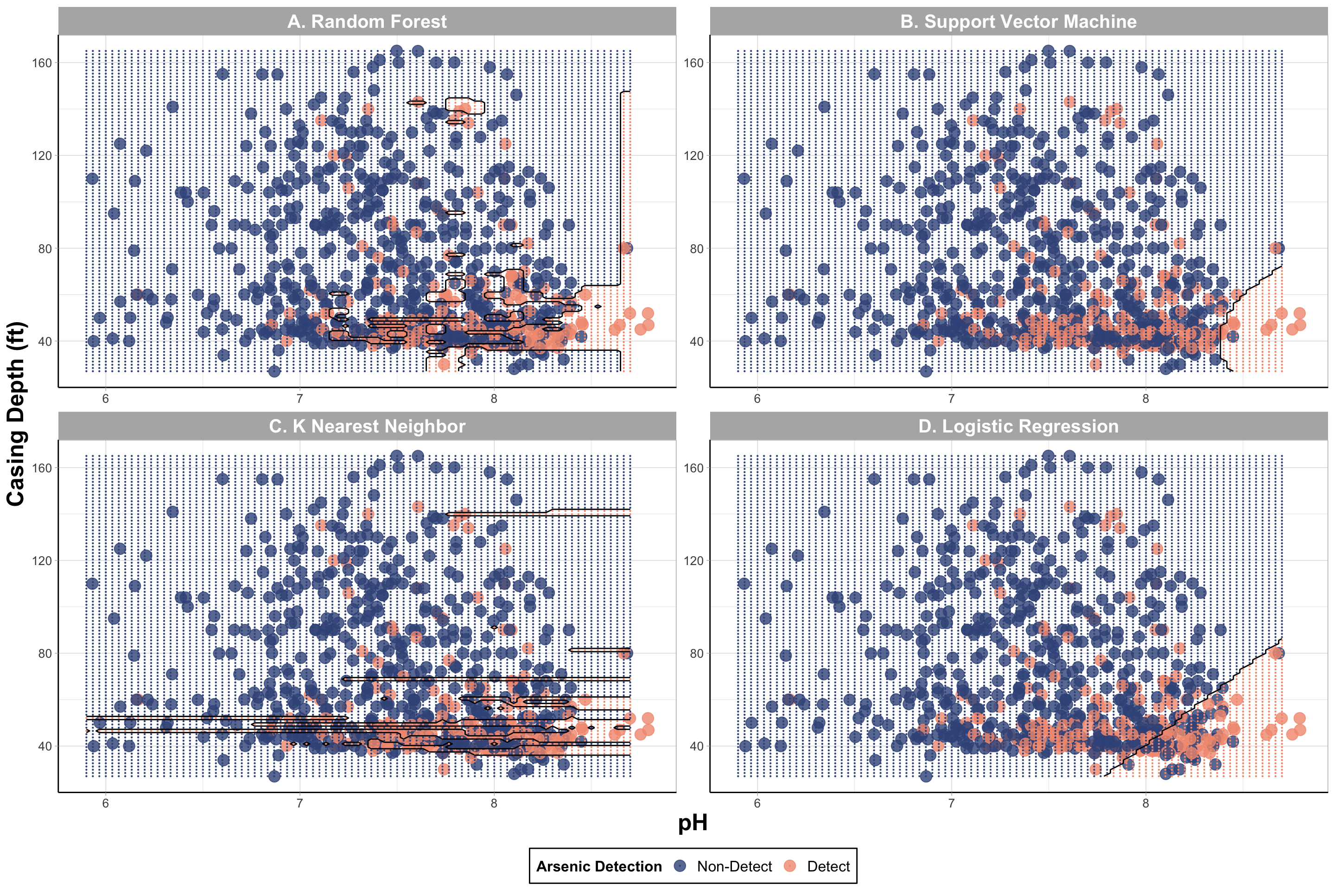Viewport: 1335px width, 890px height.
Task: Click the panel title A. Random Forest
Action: (x=367, y=22)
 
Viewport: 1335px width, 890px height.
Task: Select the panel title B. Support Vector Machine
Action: (x=1018, y=22)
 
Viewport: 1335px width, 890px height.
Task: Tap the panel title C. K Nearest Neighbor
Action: (x=367, y=426)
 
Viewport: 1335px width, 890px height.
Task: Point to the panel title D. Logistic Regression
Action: (x=1018, y=426)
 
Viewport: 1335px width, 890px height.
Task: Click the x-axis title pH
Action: (x=693, y=822)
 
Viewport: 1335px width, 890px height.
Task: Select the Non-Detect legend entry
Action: (x=734, y=866)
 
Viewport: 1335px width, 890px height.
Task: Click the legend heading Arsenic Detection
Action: (x=599, y=866)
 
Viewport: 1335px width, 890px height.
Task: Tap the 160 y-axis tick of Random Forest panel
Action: (x=41, y=63)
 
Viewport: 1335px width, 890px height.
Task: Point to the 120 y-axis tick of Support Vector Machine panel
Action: (x=693, y=156)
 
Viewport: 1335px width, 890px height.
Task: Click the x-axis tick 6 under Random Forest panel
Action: (x=106, y=399)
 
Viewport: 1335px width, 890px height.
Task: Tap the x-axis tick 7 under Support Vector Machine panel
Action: (x=951, y=399)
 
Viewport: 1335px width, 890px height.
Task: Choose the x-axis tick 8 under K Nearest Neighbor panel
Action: (x=494, y=804)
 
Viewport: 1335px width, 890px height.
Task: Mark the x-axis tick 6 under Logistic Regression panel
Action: (x=757, y=804)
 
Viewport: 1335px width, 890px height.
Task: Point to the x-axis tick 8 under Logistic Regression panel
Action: (x=1145, y=804)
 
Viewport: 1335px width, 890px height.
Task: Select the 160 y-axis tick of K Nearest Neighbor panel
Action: (x=41, y=468)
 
